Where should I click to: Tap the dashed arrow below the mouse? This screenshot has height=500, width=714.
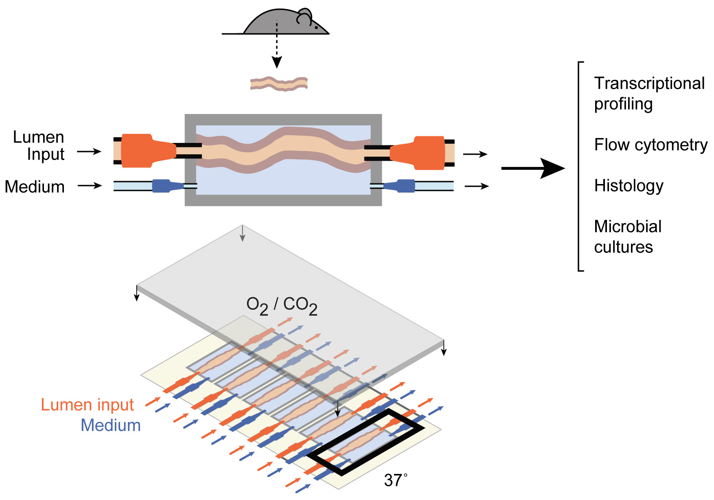[x=277, y=45]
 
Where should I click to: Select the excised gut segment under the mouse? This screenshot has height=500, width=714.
[x=279, y=83]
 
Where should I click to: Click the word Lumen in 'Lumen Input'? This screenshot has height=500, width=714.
[x=39, y=137]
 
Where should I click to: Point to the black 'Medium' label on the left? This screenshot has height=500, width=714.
[x=35, y=187]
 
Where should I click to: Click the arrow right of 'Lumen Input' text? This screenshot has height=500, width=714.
[x=89, y=151]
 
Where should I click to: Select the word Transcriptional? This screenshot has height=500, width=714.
[x=649, y=83]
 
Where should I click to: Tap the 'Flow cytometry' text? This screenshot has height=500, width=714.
[x=650, y=145]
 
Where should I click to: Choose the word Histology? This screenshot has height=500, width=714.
[x=629, y=186]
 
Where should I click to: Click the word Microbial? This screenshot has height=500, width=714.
[x=628, y=226]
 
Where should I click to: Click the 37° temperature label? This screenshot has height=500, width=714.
[x=395, y=480]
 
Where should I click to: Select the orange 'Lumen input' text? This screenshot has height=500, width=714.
[x=88, y=405]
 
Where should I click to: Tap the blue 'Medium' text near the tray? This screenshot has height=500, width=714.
[x=111, y=425]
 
